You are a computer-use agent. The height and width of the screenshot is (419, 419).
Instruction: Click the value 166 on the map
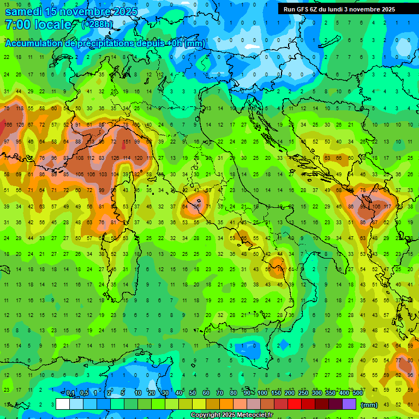click(8, 125)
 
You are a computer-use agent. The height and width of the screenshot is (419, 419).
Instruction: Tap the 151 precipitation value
click(126, 142)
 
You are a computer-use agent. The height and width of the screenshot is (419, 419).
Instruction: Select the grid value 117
click(388, 207)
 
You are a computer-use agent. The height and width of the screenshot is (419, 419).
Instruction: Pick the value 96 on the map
click(410, 375)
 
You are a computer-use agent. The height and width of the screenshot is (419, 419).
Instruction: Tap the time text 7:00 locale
click(38, 25)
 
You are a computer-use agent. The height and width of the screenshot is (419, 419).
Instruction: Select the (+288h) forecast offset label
click(98, 25)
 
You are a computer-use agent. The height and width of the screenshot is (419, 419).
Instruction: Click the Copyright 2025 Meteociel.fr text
click(231, 415)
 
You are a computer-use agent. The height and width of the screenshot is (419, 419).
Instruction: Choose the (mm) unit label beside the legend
click(369, 405)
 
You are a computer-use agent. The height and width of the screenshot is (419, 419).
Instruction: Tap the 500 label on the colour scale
click(357, 393)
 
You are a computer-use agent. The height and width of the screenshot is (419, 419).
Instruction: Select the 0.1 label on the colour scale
click(70, 393)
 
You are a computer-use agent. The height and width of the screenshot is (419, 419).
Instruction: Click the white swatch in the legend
click(62, 404)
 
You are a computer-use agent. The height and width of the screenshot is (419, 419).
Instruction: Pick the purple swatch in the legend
click(349, 404)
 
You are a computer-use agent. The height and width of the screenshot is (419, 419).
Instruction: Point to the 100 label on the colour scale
click(262, 393)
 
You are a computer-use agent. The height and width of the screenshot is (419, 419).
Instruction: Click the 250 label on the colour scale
click(303, 393)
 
